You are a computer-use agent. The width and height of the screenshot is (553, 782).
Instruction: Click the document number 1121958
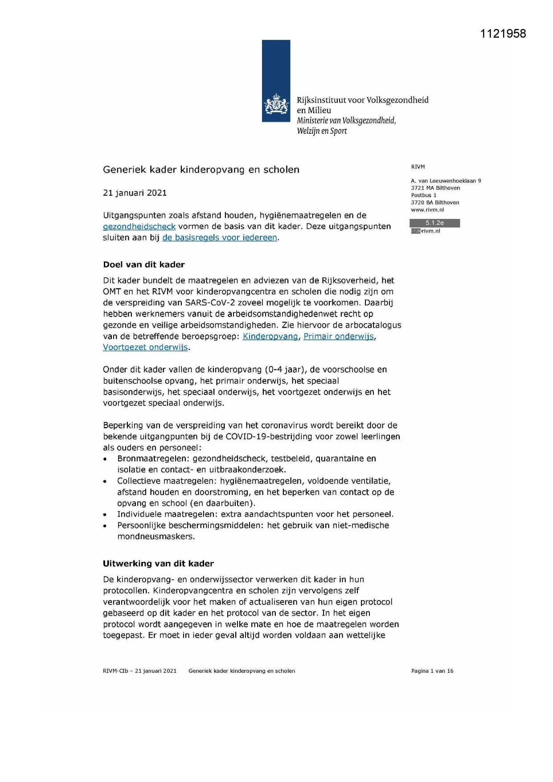click(503, 34)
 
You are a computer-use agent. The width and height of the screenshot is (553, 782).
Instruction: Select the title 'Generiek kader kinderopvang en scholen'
click(201, 169)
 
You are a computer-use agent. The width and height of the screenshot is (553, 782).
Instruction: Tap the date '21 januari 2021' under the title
click(135, 193)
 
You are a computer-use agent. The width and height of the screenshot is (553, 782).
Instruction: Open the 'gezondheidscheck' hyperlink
click(139, 226)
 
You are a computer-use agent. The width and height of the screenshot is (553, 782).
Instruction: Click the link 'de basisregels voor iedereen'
click(220, 238)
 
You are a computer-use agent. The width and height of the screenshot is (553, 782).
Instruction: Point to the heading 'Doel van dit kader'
click(143, 264)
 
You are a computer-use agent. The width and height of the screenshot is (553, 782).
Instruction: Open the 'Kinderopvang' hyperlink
click(270, 337)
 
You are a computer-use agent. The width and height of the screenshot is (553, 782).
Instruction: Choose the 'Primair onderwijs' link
click(339, 337)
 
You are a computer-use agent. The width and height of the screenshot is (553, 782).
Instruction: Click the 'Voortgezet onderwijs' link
click(145, 347)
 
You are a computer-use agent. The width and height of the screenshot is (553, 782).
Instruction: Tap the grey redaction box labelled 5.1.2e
click(434, 223)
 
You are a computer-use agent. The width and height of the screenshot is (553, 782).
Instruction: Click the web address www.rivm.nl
click(427, 210)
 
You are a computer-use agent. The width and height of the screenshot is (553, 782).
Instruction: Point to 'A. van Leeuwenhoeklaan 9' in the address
click(446, 181)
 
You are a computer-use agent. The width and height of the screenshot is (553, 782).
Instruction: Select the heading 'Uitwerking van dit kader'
click(158, 564)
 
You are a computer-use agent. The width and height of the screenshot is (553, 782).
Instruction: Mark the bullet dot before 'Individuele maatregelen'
click(105, 515)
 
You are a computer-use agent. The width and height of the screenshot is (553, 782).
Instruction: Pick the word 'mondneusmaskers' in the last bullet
click(156, 536)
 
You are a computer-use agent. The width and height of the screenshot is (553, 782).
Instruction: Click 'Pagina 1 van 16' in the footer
click(432, 671)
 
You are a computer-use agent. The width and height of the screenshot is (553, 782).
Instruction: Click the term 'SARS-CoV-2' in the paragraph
click(208, 303)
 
